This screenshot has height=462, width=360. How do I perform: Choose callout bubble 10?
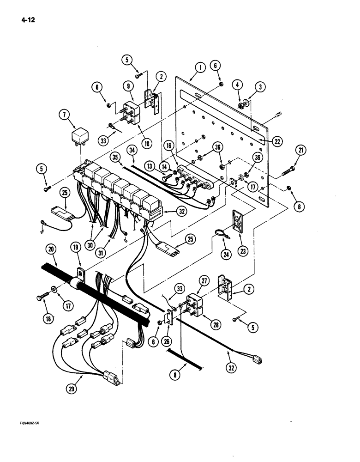147,144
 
